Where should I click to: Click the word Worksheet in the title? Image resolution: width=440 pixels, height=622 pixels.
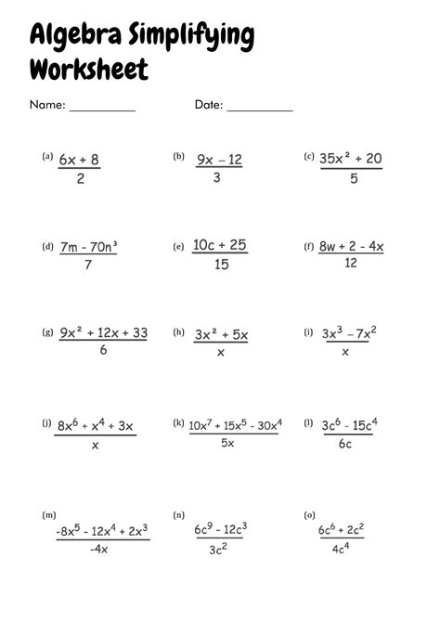pos(88,69)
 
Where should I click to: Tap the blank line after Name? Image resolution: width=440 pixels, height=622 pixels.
pos(102,110)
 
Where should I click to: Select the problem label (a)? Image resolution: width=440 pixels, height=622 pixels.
pos(47,157)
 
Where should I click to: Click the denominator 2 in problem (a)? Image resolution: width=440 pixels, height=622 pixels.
pos(80,179)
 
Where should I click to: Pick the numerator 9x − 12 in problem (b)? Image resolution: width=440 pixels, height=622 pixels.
pos(219,160)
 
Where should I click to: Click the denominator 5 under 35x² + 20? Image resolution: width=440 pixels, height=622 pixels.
pos(353,179)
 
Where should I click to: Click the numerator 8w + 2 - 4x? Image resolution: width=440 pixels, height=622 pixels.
pos(351,247)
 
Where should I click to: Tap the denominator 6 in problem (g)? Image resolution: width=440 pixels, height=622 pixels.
pos(102,350)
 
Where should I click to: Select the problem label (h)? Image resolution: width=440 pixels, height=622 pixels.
pos(179,331)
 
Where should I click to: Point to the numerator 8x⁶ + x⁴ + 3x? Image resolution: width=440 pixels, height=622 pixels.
pos(96,425)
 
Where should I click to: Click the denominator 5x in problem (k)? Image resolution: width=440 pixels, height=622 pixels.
pos(227,444)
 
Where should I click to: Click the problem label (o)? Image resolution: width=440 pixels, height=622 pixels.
pos(309,514)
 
